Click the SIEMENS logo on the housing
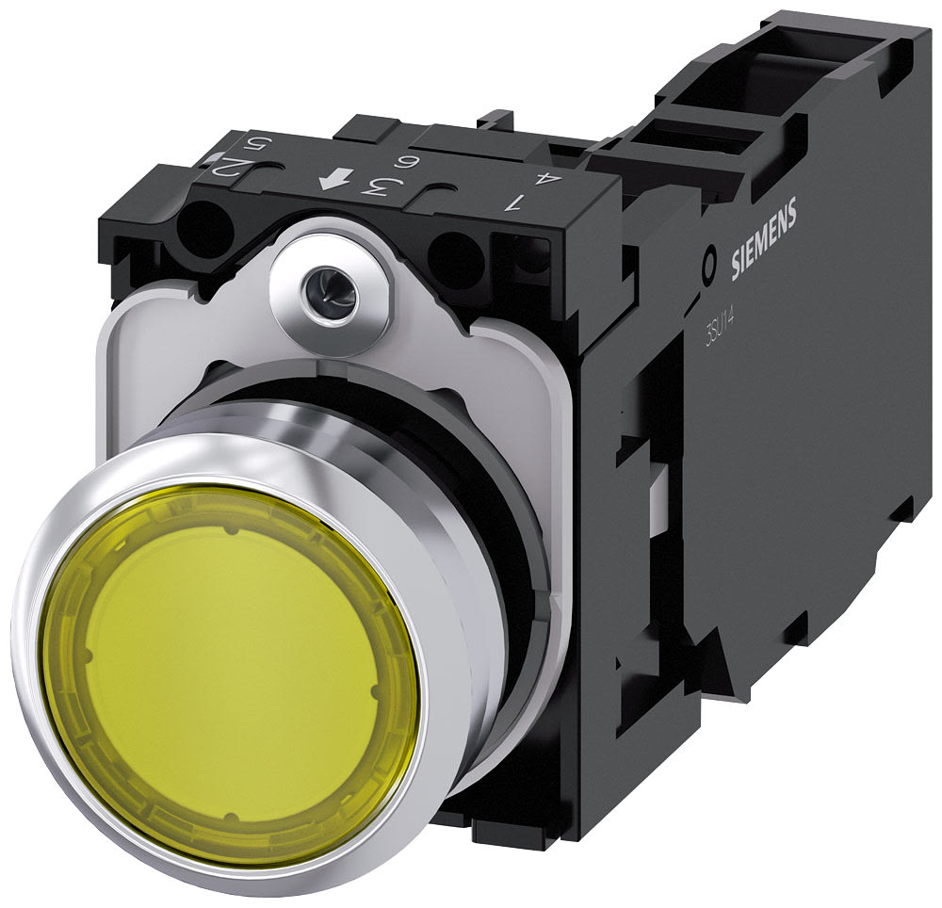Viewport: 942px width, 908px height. [764, 240]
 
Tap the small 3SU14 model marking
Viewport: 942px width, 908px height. [720, 329]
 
